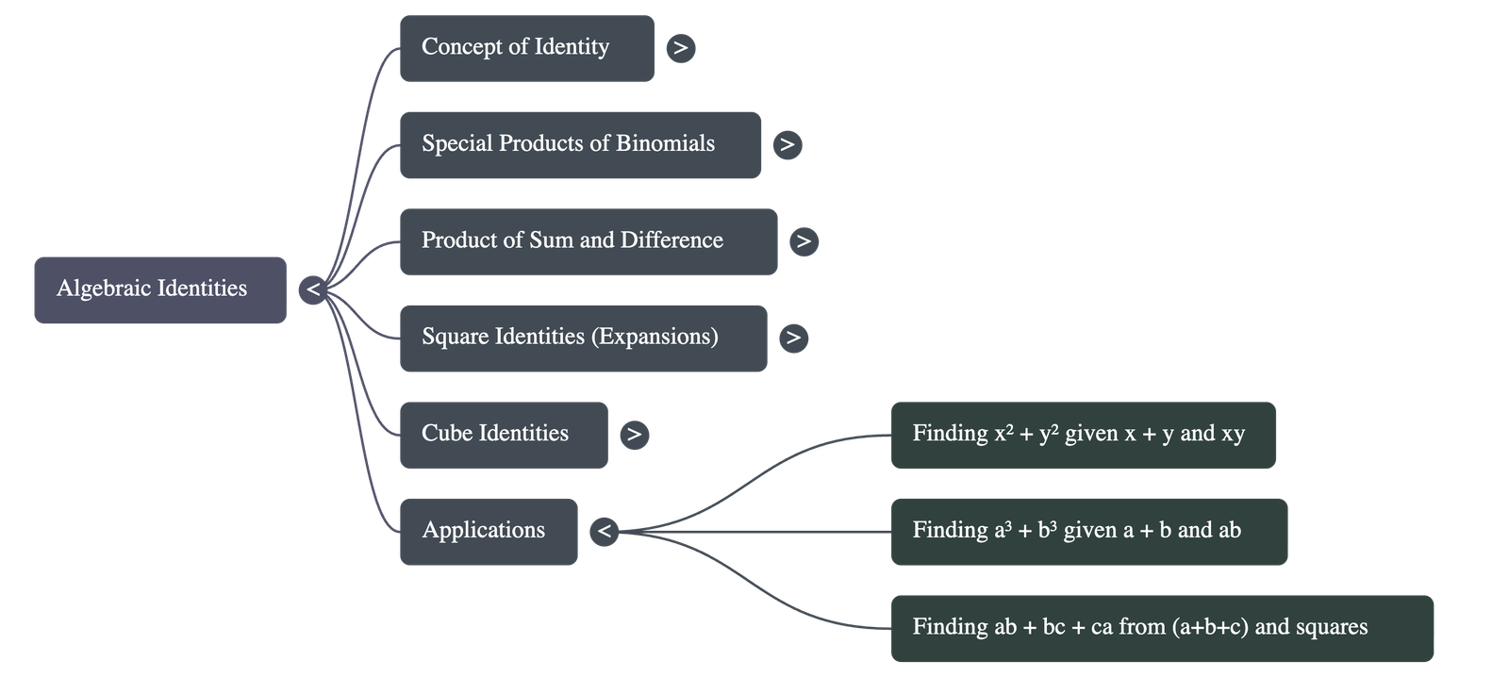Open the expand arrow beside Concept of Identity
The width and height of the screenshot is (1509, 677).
click(x=681, y=48)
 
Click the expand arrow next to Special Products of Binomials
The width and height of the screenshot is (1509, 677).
click(x=787, y=144)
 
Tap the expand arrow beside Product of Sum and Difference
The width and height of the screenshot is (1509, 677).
click(x=804, y=241)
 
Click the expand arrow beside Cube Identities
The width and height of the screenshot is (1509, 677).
click(x=634, y=435)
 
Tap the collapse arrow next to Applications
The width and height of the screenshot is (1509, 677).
click(x=605, y=532)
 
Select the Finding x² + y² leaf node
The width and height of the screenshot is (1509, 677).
click(x=1083, y=435)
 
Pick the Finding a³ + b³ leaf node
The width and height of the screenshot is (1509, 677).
click(x=1088, y=531)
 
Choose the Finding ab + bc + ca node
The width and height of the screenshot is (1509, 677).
click(x=1161, y=628)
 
